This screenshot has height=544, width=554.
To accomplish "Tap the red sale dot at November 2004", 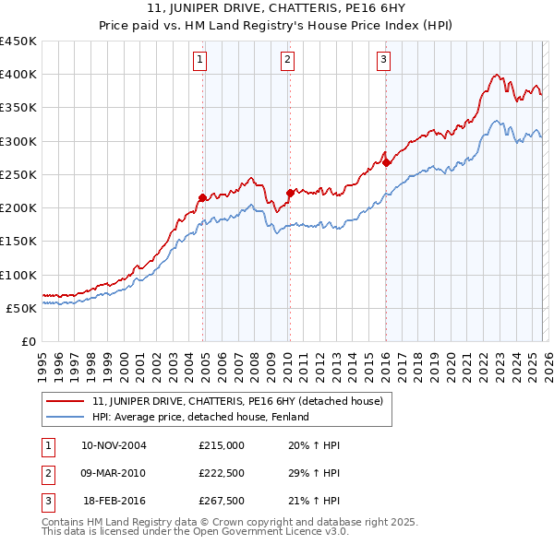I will (202, 197).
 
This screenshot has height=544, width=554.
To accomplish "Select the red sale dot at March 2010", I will (290, 193).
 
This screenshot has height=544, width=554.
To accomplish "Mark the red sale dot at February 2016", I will (387, 163).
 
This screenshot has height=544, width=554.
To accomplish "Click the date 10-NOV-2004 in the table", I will (114, 445).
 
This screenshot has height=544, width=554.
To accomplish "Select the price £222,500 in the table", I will (222, 473).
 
